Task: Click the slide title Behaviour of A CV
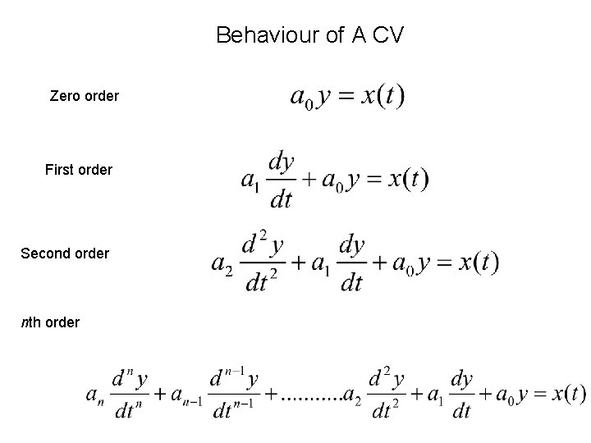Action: tap(309, 35)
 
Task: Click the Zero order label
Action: tap(84, 96)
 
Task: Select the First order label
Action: tap(79, 170)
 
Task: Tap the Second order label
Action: tap(64, 253)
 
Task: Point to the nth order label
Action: tap(50, 322)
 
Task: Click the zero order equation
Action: tap(347, 97)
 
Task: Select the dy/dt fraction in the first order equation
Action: tap(282, 180)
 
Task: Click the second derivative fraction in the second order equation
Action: tap(263, 263)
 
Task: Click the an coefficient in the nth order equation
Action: tap(95, 395)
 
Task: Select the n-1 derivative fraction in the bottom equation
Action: tap(234, 395)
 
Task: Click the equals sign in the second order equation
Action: tap(444, 263)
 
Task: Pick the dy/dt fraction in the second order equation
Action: tap(351, 263)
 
